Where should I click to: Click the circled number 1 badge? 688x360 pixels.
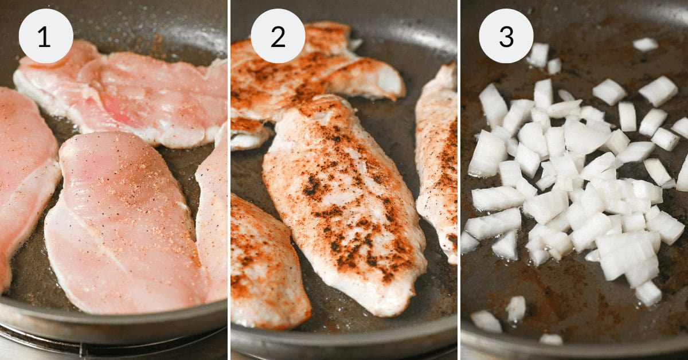point(46,36)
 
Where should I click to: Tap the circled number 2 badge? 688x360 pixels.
point(277,36)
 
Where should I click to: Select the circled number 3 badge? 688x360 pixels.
point(506,36)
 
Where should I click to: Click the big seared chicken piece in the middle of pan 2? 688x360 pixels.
point(344,206)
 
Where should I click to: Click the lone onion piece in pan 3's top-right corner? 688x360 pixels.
point(646,44)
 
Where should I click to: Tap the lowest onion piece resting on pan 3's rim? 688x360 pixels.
point(551,339)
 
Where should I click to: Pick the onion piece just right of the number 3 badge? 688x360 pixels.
point(538,54)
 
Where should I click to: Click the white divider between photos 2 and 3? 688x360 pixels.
point(459,180)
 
